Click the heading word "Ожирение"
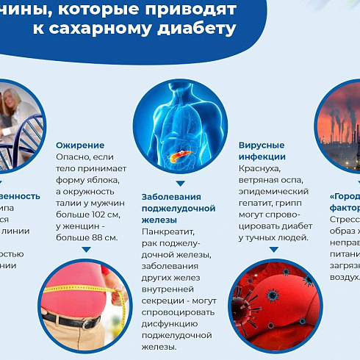coord(80,145)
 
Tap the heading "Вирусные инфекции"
coord(262,151)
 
